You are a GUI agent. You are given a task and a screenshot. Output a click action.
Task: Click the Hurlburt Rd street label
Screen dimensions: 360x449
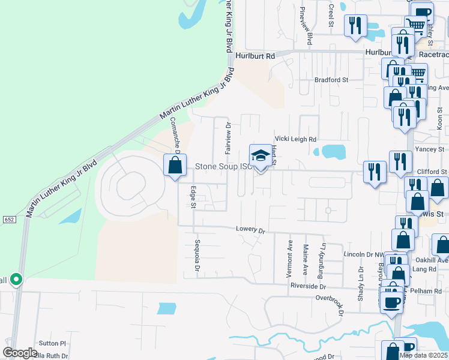coord(255,55)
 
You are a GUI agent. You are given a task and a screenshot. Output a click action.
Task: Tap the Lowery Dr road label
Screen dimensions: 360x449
coord(250,230)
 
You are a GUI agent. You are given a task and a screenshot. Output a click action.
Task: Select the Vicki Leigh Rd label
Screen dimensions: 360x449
coord(295,139)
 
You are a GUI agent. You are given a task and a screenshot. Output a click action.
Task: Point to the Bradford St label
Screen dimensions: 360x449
coord(331,80)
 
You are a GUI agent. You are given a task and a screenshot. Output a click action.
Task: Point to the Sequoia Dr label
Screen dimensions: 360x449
coord(196,254)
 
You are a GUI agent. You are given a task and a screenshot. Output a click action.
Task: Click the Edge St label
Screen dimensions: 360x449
coord(193,197)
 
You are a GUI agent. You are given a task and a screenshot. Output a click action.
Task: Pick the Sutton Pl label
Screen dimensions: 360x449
coord(52,344)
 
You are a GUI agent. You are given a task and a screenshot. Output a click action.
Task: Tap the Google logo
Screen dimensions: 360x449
coord(20,353)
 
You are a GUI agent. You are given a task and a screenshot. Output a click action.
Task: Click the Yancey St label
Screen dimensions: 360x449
coord(432,149)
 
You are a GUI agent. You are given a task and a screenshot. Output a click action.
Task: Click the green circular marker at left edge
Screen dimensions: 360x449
coord(16,280)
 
